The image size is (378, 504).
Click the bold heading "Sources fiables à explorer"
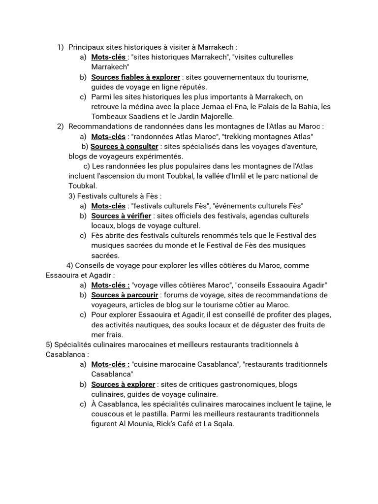point(135,77)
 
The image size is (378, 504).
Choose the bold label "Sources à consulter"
point(125,147)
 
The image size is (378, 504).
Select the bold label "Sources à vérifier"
point(121,216)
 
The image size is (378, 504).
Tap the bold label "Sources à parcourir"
point(125,295)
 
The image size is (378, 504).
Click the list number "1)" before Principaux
point(61,47)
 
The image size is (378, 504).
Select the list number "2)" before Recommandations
point(61,126)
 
